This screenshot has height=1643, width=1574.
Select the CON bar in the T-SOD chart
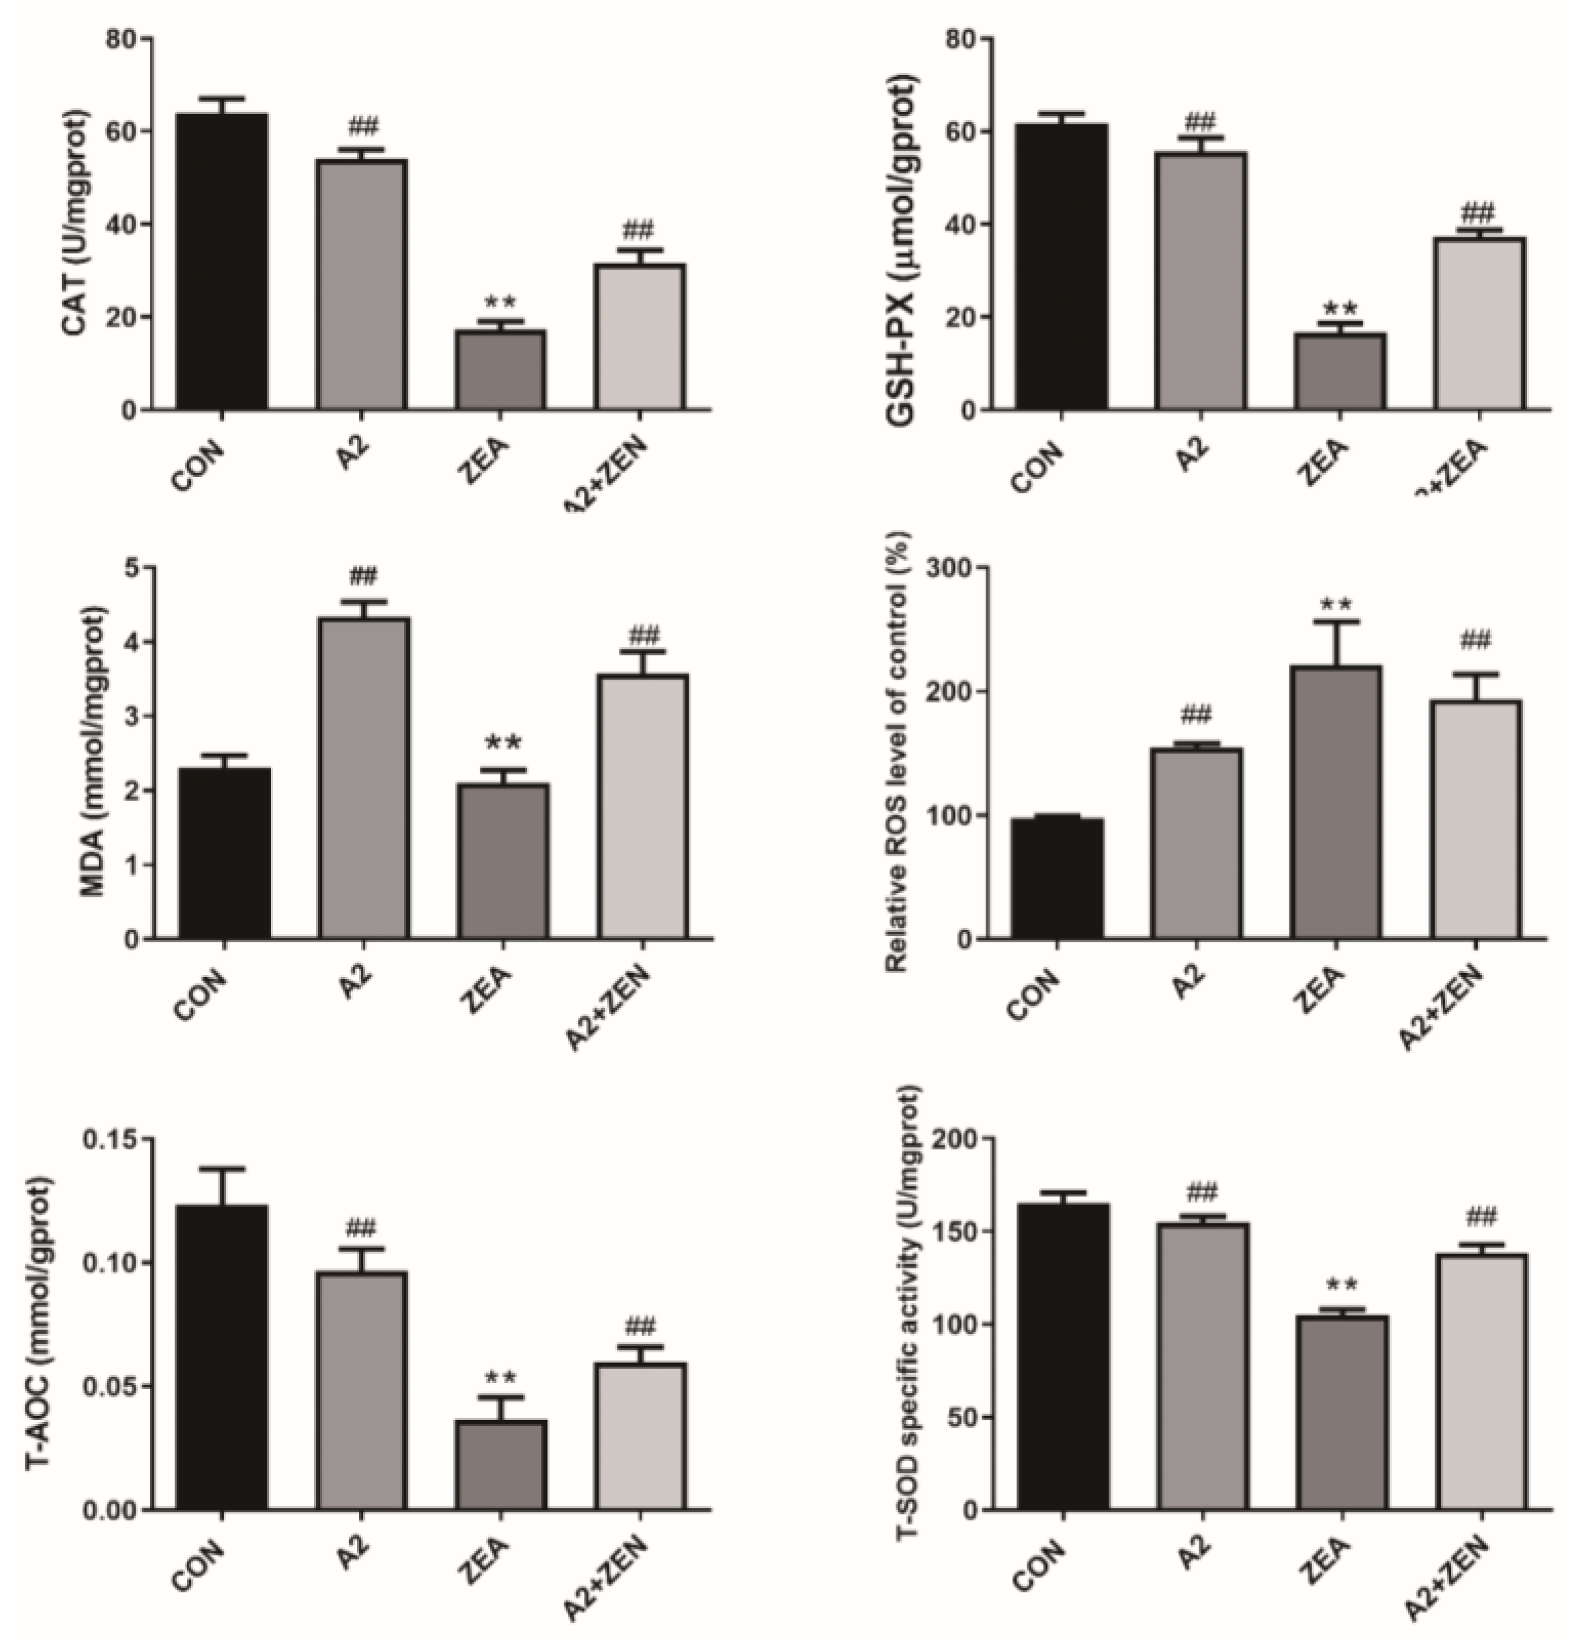pos(1063,1357)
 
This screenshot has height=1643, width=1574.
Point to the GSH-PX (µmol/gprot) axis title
pos(902,227)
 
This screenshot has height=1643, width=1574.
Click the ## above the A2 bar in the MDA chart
pos(363,576)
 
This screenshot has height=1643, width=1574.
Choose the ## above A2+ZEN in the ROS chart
pos(1475,641)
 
